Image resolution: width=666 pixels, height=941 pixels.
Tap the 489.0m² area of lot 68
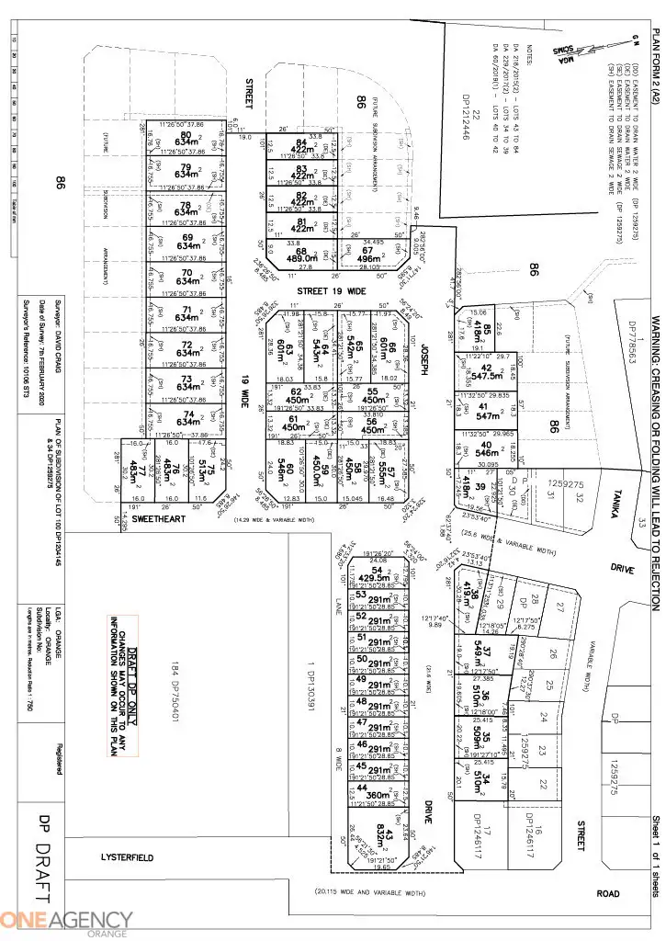301,258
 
